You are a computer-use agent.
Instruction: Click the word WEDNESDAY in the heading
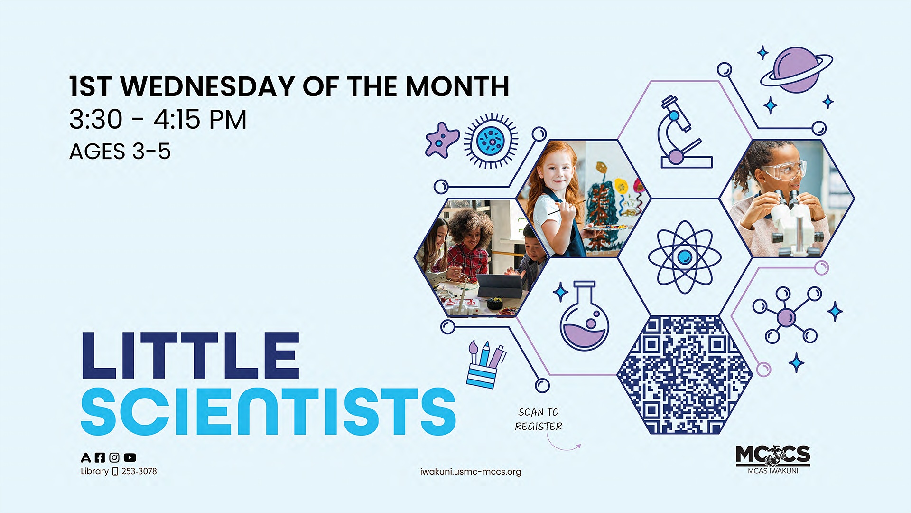click(208, 86)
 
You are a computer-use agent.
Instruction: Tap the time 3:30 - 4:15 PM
click(158, 119)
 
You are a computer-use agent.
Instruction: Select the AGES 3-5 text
click(120, 152)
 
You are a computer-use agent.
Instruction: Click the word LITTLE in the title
click(190, 356)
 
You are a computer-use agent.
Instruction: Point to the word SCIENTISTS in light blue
click(268, 411)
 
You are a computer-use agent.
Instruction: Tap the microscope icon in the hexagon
click(681, 133)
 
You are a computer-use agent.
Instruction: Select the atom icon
click(684, 257)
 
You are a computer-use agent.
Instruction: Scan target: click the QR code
click(684, 375)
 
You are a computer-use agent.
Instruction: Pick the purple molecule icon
click(786, 315)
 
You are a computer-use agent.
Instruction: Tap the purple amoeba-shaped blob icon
click(442, 140)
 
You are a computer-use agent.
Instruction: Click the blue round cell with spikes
click(491, 141)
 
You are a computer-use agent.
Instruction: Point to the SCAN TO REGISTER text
click(539, 419)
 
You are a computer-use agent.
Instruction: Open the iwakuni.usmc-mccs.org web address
click(470, 472)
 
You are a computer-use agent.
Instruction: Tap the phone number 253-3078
click(139, 471)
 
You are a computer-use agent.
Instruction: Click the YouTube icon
click(130, 457)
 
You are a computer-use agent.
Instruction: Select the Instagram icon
click(114, 457)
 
